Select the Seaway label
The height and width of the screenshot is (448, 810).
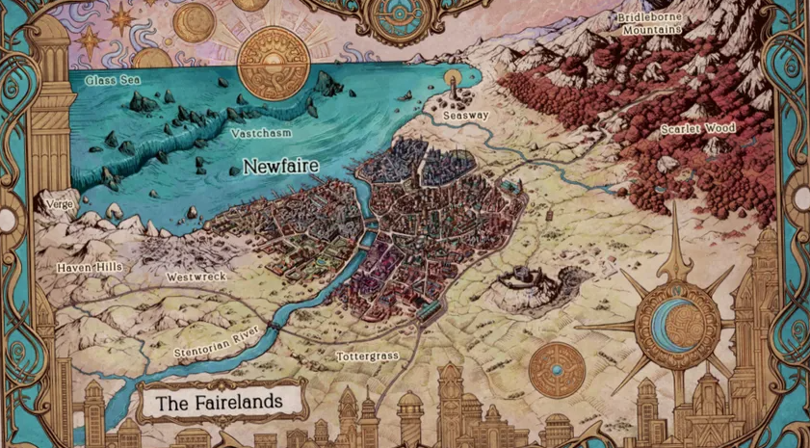(x=466, y=116)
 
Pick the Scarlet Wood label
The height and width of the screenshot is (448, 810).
(x=698, y=128)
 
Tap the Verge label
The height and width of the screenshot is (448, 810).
(x=56, y=204)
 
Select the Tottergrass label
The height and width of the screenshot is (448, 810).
(x=367, y=356)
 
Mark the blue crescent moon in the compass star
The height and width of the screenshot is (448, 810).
(x=679, y=317)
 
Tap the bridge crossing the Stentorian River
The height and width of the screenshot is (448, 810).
(x=275, y=327)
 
